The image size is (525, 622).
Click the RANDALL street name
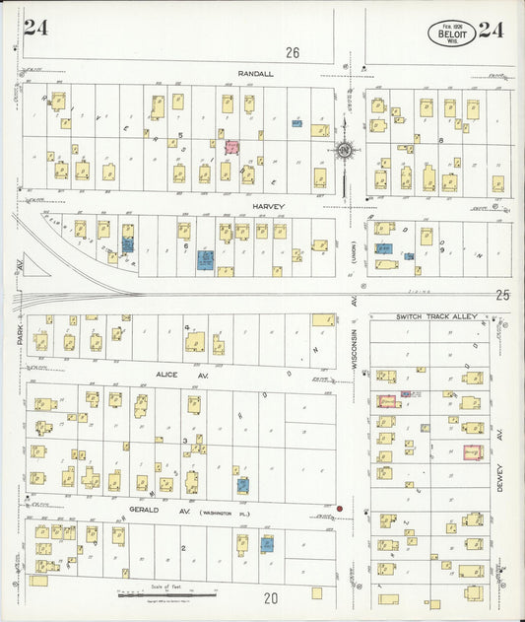[x=255, y=74]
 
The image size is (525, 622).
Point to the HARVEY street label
[x=267, y=206]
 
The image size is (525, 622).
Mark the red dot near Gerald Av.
[x=340, y=510]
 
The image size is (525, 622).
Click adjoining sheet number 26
[x=292, y=51]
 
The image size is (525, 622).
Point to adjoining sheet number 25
[x=502, y=294]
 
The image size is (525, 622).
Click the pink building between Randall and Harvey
[x=232, y=147]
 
